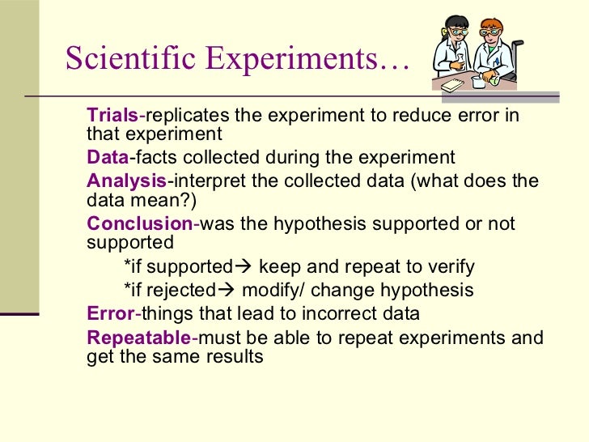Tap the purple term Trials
click(112, 115)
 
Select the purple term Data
click(108, 157)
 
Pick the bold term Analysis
click(126, 181)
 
